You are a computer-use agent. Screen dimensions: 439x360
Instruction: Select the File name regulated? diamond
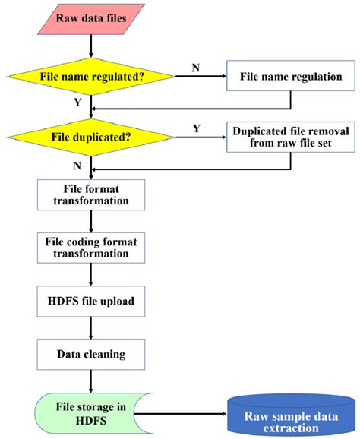pyautogui.click(x=90, y=76)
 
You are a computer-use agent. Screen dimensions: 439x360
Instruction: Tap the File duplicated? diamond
pyautogui.click(x=90, y=137)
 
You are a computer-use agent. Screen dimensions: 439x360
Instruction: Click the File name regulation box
pyautogui.click(x=291, y=76)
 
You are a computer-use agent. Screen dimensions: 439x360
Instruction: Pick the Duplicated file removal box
pyautogui.click(x=292, y=136)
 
